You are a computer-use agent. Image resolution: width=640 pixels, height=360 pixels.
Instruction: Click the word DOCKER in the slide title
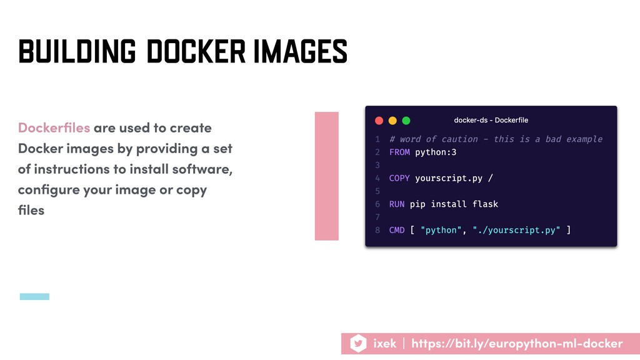pos(196,51)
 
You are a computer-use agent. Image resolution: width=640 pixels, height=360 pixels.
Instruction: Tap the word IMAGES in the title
pos(301,51)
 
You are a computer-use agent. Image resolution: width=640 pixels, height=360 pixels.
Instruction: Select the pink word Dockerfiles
pos(54,127)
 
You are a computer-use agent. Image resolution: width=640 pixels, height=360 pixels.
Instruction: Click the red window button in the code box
pos(379,121)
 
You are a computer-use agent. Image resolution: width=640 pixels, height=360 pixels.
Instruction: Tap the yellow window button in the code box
pos(392,121)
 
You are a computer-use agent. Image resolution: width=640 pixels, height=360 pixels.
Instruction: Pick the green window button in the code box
pos(406,121)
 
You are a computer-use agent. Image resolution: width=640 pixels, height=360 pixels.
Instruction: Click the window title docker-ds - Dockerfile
pos(491,120)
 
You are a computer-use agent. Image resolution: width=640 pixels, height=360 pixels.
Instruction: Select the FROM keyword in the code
pos(399,152)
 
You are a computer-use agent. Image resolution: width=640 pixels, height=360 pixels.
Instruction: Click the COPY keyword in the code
pos(399,178)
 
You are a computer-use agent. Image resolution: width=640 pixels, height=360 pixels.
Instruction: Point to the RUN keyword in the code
pos(397,204)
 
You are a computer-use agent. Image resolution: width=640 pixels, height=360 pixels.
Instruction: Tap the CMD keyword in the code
pos(397,230)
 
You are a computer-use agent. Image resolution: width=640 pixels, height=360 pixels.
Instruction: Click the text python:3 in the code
pos(436,152)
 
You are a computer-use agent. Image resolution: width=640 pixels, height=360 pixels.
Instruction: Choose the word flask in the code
pos(485,204)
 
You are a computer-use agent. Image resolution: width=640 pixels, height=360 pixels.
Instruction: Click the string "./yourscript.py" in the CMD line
pos(516,231)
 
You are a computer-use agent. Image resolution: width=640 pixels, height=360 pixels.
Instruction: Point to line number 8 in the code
pos(377,230)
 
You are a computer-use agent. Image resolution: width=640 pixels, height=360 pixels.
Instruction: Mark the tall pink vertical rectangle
pos(326,176)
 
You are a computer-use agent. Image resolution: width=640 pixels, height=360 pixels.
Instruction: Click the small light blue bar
pos(35,297)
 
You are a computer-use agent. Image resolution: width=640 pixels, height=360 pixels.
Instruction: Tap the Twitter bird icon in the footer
pos(358,343)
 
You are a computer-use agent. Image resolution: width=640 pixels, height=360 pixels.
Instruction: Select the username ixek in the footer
pos(384,344)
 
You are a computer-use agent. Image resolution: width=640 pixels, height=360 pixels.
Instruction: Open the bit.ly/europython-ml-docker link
pos(517,344)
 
